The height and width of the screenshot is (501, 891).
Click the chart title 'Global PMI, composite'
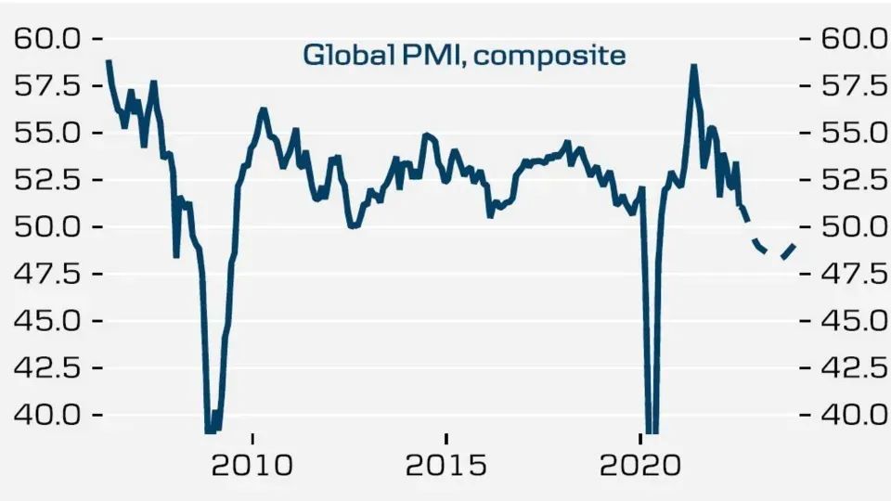(x=464, y=56)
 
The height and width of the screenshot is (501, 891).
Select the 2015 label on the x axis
(x=446, y=463)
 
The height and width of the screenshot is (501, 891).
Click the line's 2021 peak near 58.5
(x=693, y=67)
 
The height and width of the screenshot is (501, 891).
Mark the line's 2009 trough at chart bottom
(x=212, y=429)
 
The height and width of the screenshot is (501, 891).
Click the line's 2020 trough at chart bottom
(x=652, y=429)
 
